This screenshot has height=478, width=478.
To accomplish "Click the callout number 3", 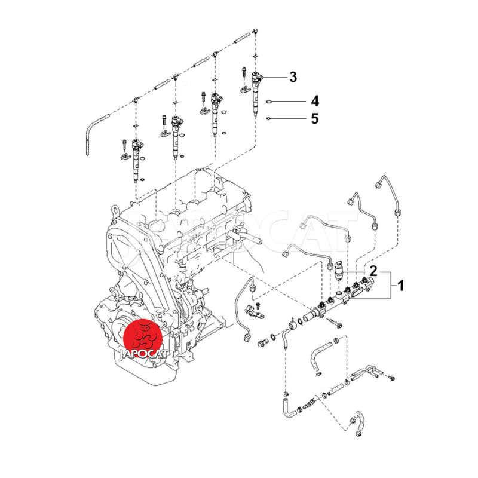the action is point(293,77).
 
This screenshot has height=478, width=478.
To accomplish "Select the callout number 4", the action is point(315,101).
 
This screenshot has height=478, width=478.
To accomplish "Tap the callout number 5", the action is point(315,118).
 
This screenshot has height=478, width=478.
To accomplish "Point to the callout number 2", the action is point(373,271).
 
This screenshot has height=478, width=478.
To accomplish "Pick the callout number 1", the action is point(401,286).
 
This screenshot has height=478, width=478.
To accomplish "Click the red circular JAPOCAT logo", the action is point(143,337).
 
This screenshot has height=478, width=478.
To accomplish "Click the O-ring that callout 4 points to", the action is point(269,102).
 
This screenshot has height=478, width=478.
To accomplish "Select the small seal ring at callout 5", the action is point(268,118).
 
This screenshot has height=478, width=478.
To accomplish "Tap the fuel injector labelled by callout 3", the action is point(256,94).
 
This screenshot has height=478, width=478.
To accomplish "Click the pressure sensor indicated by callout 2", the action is point(339,270).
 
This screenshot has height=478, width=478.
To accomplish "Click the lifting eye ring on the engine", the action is point(115,210).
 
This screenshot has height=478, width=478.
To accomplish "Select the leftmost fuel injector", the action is point(137,161).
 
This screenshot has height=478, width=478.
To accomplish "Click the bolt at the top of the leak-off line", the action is point(256,30).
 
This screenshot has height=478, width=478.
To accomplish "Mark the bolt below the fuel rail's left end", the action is point(335,323).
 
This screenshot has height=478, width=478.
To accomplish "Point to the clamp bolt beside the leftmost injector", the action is point(124,144).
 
